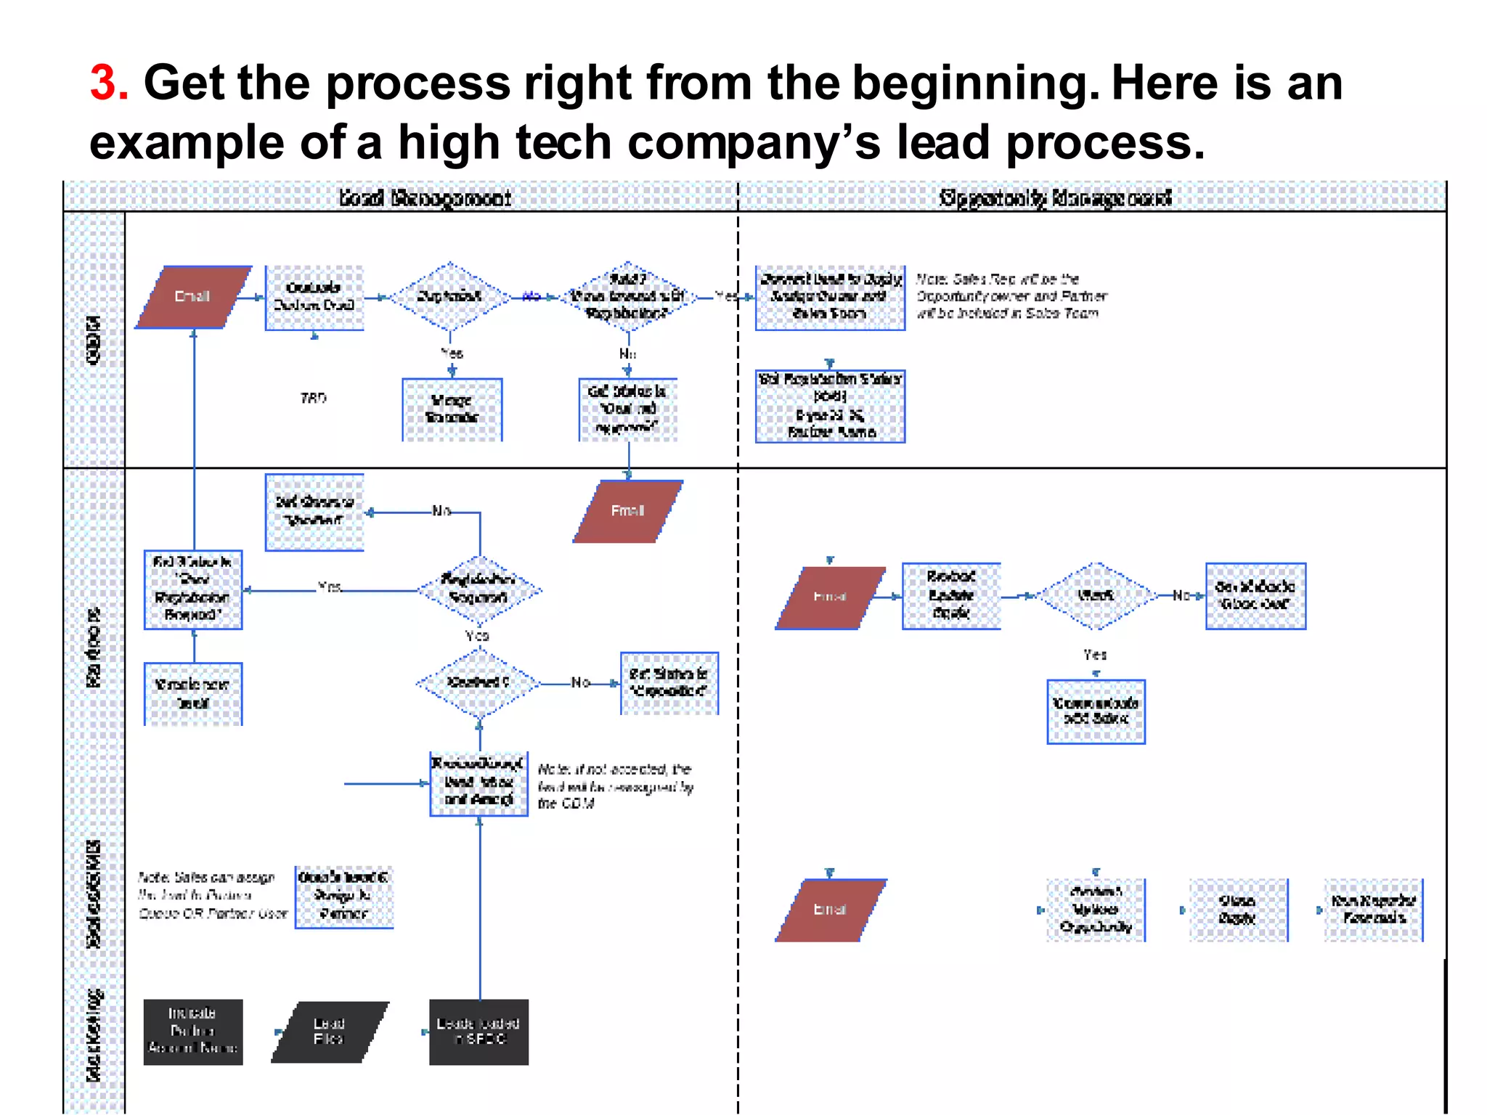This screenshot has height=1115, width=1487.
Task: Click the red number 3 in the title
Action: pos(109,82)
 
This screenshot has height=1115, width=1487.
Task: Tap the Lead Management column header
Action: pos(425,197)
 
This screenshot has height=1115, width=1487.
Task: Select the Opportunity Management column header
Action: pos(1055,197)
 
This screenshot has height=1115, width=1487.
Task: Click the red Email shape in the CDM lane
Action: pos(193,297)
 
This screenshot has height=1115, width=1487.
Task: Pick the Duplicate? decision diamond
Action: pos(450,296)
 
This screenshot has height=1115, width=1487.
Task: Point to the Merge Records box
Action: pos(452,409)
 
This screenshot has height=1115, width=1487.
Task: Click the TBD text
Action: pos(314,398)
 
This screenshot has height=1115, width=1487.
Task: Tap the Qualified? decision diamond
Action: pos(478,682)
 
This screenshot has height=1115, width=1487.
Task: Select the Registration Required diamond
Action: pos(478,589)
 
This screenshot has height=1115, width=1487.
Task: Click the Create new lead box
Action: pos(193,693)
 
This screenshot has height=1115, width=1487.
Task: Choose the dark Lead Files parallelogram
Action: pos(330,1032)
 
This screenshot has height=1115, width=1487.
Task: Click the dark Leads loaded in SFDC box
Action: pos(478,1032)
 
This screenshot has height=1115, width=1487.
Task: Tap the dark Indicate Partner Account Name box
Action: pos(193,1032)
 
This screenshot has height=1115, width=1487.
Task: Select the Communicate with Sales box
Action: pos(1096,711)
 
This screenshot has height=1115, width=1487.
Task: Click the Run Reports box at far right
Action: pos(1373,910)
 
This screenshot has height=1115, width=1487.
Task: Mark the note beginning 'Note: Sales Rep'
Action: pos(1011,296)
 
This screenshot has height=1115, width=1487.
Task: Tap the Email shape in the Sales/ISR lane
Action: pos(831,910)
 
